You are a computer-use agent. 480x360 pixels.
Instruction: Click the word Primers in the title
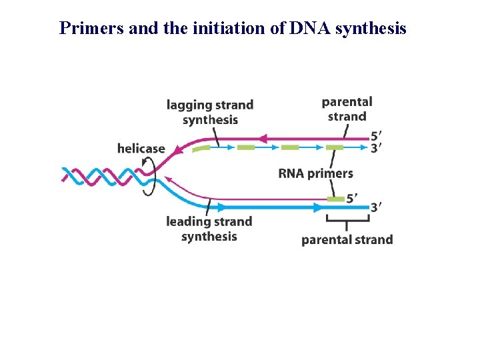pos(86,29)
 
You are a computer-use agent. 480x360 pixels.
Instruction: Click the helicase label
pos(141,148)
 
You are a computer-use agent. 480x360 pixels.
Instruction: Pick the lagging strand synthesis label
pos(210,112)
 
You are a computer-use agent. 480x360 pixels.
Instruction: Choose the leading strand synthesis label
pos(209,229)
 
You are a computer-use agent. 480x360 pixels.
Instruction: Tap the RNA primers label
pos(315,173)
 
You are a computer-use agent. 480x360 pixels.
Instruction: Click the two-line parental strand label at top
pos(347,109)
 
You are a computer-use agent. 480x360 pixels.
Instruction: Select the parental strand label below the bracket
pos(347,239)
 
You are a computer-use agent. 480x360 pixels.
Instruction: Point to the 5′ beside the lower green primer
pos(353,198)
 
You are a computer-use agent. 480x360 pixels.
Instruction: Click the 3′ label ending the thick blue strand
pos(377,207)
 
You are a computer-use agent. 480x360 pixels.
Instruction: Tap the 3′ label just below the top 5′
pos(377,148)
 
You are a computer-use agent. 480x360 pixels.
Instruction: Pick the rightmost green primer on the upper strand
pos(334,147)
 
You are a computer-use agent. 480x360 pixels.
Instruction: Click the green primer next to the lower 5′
pos(335,199)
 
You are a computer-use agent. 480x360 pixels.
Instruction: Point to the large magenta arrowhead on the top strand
pos(262,139)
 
